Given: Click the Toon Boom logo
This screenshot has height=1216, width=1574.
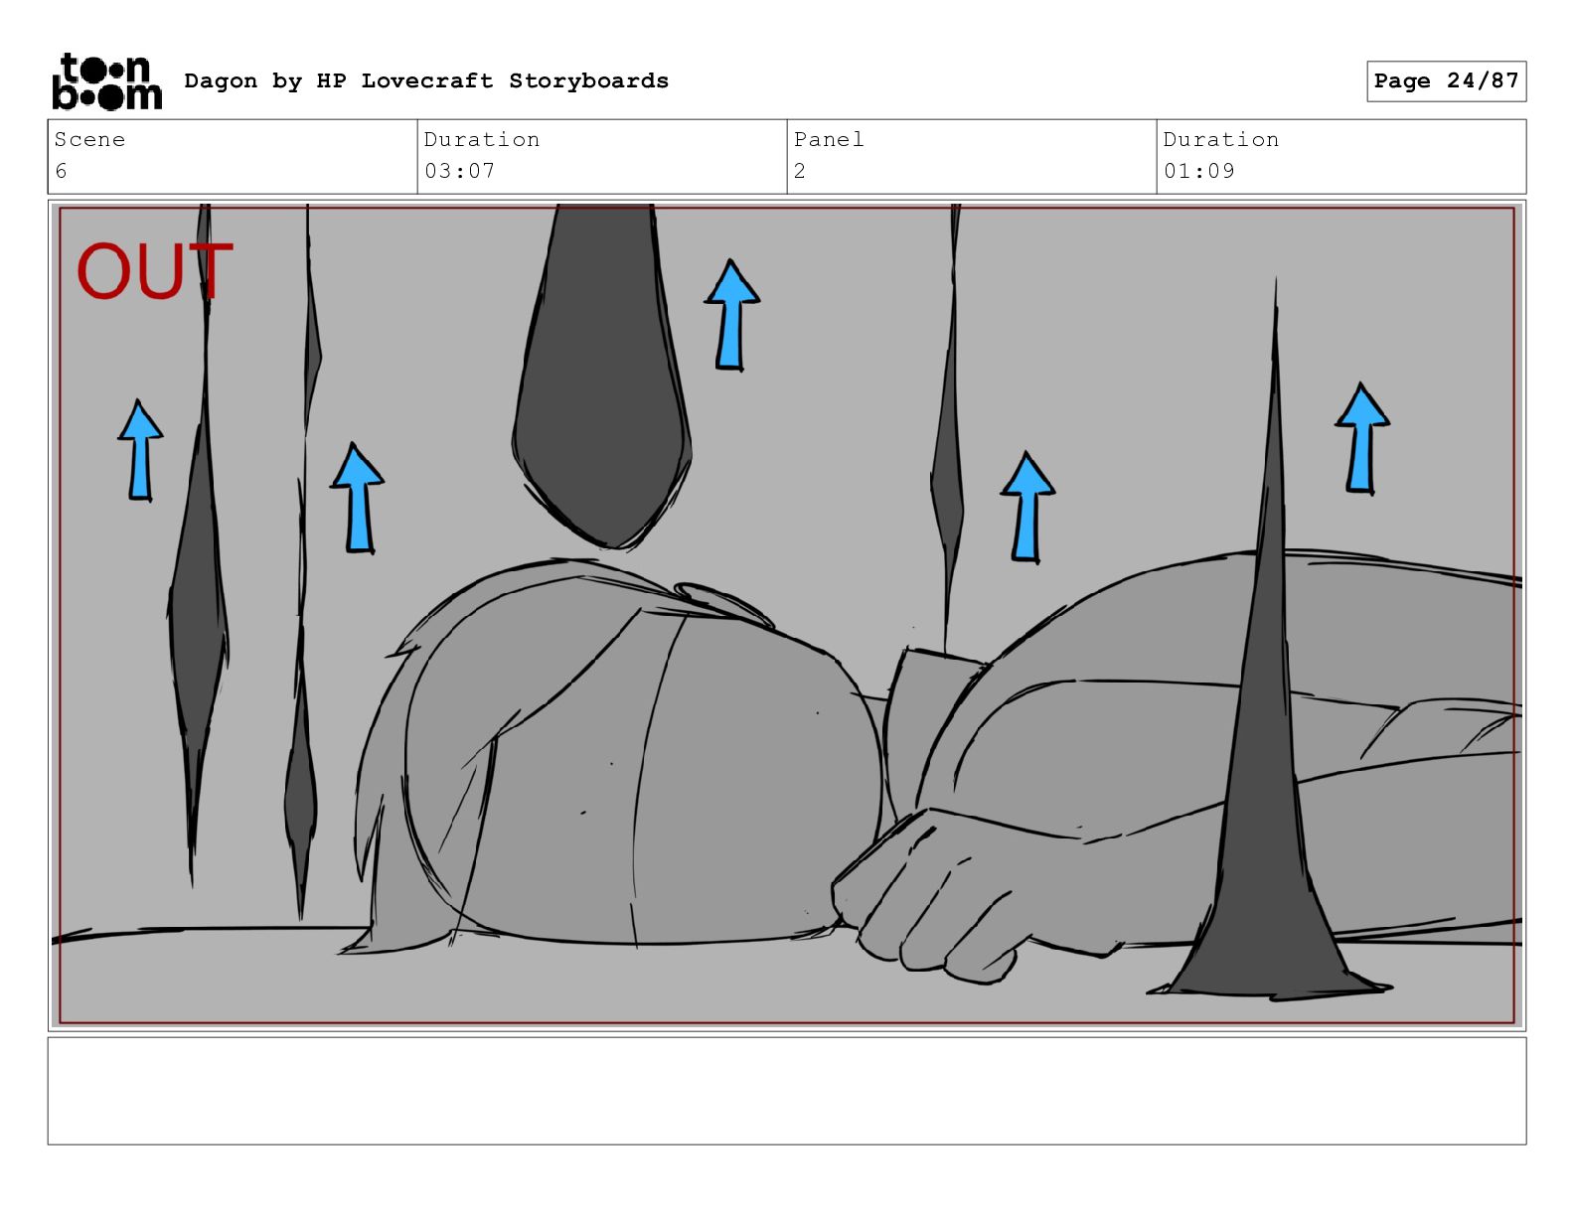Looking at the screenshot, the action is click(107, 81).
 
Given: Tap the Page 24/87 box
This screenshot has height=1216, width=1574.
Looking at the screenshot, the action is click(1446, 81).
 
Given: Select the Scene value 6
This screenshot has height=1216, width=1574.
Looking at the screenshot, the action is click(61, 171).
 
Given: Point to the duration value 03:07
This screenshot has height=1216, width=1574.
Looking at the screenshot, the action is click(459, 171).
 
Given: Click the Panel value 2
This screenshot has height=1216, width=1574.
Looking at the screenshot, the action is click(799, 171).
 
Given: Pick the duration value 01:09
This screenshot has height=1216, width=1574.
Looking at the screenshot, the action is click(1198, 171).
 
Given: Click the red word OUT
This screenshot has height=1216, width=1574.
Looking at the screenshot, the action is click(154, 270).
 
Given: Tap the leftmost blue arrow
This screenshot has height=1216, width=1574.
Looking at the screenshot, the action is click(140, 450).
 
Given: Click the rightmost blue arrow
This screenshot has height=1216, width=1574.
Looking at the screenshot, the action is click(1361, 439).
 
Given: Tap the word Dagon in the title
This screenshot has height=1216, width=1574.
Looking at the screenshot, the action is click(221, 81).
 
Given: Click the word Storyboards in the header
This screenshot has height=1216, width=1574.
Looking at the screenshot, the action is click(588, 80).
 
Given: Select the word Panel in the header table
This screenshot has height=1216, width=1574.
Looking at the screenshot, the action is click(829, 139).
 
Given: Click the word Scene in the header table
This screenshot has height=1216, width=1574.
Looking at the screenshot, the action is click(89, 139).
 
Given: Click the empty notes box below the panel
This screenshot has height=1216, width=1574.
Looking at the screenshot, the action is click(787, 1091).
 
